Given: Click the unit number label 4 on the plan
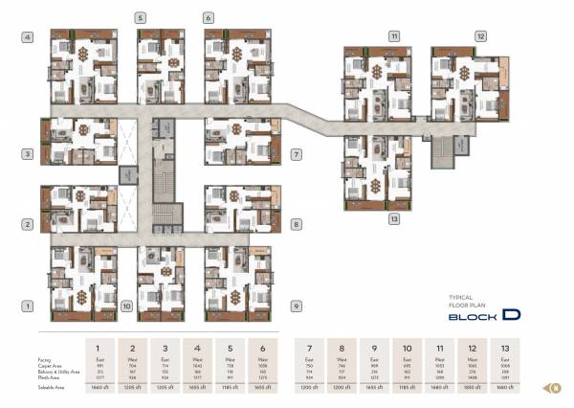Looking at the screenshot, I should coord(29,37).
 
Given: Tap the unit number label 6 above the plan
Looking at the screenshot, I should coord(209,18).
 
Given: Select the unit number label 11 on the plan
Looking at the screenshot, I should coord(393,36).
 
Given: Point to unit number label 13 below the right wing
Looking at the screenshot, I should coord(393,218).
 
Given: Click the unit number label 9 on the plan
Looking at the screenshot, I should coord(297,306).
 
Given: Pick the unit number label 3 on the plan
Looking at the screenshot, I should coord(29,153).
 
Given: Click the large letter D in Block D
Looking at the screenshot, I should coord(511,313).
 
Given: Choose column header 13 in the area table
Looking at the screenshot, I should coord(505,346).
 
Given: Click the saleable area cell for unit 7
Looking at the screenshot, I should coord(309,388).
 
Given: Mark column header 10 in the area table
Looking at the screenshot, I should coord(407,346).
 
